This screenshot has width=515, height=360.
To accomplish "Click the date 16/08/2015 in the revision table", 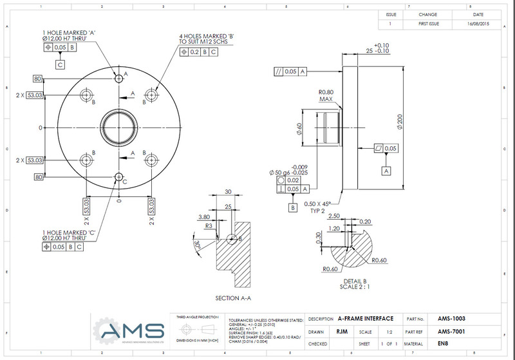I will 478,23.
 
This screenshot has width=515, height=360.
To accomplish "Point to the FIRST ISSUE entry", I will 428,23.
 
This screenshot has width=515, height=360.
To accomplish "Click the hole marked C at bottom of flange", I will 118,176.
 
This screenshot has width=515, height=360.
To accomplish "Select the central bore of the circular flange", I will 118,128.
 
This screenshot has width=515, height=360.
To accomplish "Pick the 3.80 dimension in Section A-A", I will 204,217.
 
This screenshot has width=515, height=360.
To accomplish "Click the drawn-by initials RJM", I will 343,332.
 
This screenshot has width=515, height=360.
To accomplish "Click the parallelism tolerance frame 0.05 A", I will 291,71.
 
